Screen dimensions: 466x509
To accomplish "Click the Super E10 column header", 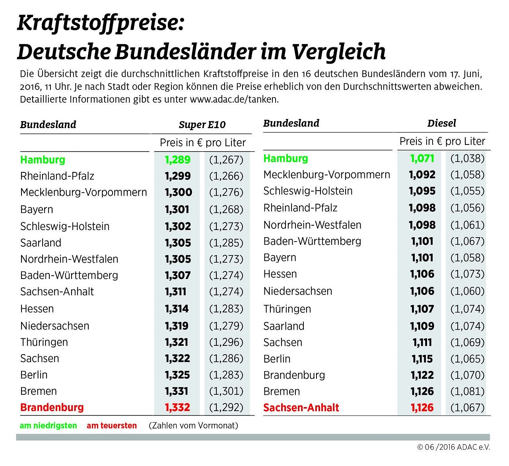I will (x=202, y=125).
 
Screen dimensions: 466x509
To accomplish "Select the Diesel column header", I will (x=441, y=123).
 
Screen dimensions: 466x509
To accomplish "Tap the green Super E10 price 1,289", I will (x=178, y=160).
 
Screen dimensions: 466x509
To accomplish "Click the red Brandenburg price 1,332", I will (x=178, y=408).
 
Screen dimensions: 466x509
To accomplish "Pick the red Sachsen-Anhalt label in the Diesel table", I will (x=301, y=408).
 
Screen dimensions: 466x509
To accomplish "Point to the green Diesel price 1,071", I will (x=422, y=158).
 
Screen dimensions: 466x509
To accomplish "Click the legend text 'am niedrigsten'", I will (x=48, y=426).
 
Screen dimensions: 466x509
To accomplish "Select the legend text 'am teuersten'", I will (x=112, y=426).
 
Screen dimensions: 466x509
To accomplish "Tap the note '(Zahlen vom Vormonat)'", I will (x=193, y=426).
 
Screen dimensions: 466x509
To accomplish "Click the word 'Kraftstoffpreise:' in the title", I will (x=101, y=23).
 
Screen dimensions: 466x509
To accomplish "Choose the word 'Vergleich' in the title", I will (x=338, y=52).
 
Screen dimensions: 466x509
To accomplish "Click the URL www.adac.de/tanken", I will (x=234, y=99).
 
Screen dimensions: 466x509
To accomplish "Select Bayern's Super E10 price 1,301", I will (x=177, y=209).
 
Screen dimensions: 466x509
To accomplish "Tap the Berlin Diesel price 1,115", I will (x=422, y=359).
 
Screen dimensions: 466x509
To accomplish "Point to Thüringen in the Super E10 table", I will (x=44, y=342).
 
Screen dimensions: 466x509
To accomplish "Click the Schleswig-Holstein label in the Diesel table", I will (x=308, y=191).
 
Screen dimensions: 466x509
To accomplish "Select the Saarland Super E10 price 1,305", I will (x=178, y=243).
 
